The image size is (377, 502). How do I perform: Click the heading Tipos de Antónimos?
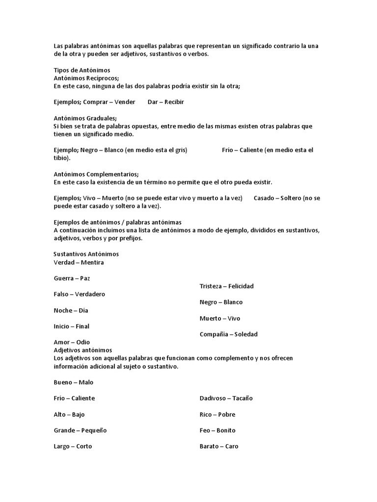81,71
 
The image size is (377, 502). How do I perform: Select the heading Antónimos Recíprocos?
86,78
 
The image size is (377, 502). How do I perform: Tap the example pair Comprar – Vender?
109,102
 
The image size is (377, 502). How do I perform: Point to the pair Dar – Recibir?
165,102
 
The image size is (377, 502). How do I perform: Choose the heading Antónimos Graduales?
85,118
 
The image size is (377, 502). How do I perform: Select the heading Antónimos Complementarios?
96,174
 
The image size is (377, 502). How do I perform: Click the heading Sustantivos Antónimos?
86,254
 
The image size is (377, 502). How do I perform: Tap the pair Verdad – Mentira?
79,262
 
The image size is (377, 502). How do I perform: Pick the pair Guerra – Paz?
72,278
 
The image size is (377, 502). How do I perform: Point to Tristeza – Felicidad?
226,286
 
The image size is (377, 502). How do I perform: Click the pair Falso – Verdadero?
79,294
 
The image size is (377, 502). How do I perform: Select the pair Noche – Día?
71,310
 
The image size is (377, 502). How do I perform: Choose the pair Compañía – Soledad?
228,334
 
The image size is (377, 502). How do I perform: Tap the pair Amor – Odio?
72,342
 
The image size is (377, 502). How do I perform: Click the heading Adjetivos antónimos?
82,350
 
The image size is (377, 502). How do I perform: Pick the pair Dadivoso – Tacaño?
226,399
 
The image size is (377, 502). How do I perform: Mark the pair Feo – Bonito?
217,430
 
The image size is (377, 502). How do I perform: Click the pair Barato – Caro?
219,447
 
